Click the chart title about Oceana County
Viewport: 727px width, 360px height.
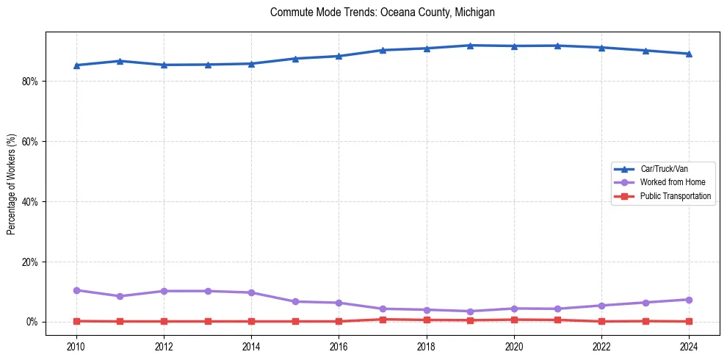point(383,12)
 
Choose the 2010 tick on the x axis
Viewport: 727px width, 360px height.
point(76,346)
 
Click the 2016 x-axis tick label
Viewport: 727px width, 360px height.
point(339,346)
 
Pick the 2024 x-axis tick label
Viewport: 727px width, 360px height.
point(689,346)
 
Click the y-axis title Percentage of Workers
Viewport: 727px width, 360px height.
point(12,184)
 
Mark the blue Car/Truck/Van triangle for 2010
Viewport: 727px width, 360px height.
point(76,65)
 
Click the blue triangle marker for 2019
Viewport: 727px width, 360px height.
point(470,46)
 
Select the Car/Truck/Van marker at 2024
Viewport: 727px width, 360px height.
point(689,54)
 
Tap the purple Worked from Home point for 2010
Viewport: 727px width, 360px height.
point(76,290)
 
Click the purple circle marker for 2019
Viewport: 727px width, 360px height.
point(470,312)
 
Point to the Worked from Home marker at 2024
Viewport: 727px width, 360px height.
point(689,300)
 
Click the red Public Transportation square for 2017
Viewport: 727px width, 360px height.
point(383,320)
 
